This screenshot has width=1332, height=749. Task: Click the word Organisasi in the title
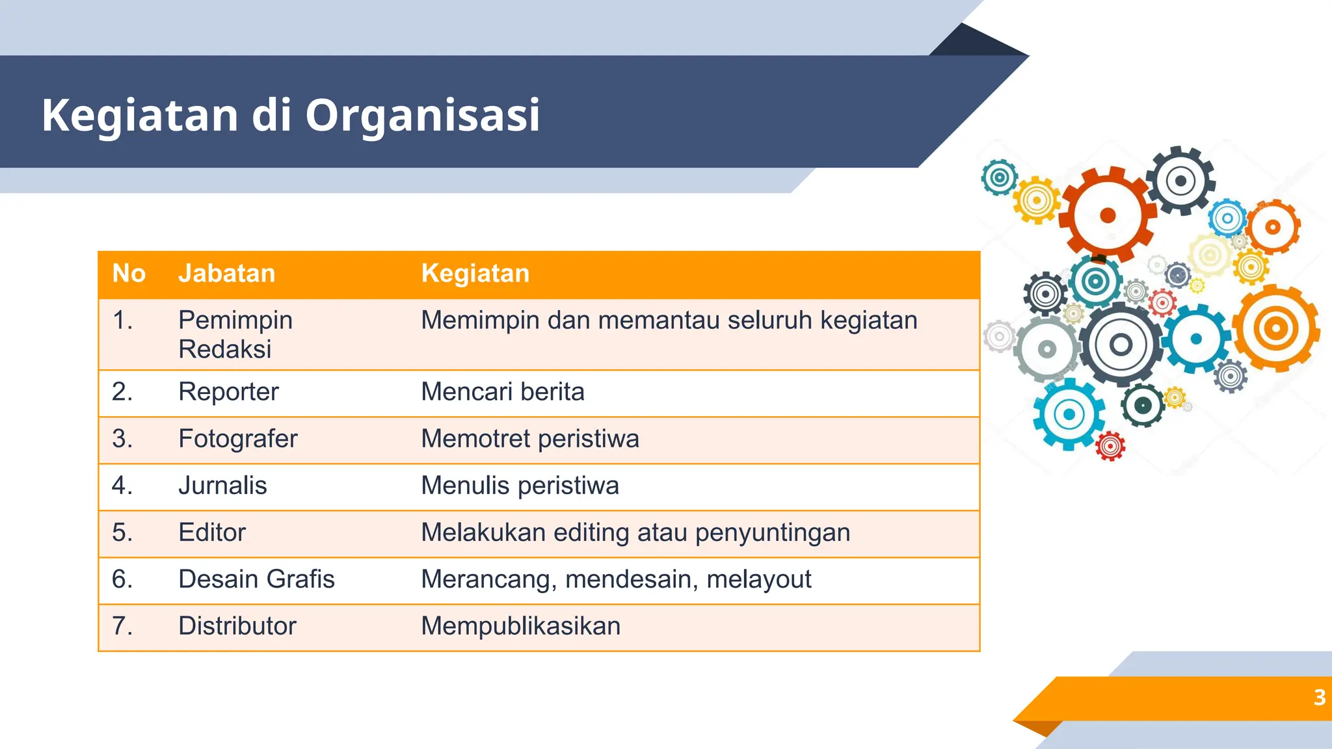(422, 115)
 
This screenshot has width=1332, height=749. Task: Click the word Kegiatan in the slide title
(140, 115)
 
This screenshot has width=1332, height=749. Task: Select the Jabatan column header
(226, 274)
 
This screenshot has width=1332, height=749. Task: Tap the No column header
(129, 274)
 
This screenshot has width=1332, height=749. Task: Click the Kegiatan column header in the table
(475, 274)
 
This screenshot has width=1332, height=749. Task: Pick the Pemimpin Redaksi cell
(235, 334)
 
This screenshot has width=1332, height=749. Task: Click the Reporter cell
(228, 392)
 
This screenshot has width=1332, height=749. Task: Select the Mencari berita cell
(502, 392)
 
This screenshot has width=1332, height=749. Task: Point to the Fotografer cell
(237, 439)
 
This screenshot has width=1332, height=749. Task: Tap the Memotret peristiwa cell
(529, 439)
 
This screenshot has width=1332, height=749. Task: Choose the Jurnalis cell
(222, 486)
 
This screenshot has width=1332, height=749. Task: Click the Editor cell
(212, 532)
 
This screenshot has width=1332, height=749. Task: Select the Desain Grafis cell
(256, 579)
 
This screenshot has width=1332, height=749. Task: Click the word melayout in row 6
(758, 579)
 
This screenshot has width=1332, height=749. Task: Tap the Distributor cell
(237, 626)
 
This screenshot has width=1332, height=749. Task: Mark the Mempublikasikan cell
(520, 626)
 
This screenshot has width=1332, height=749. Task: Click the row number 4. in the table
(122, 486)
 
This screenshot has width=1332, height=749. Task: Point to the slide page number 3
(1319, 698)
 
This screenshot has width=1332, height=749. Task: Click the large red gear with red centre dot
(1108, 215)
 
